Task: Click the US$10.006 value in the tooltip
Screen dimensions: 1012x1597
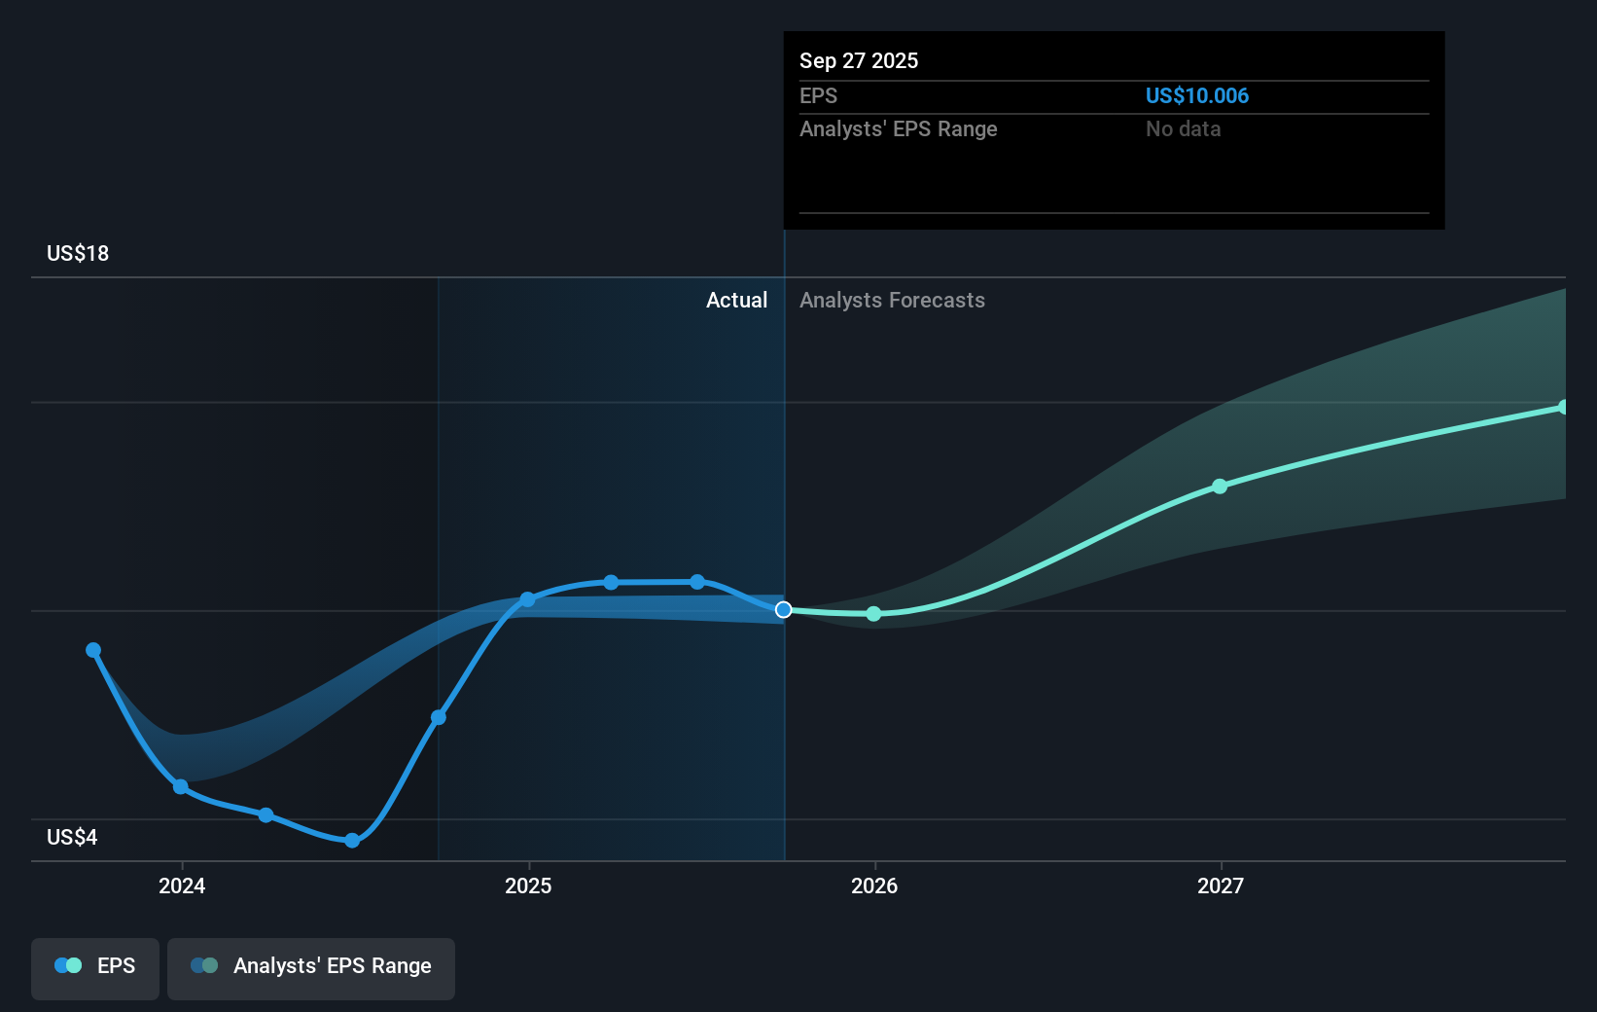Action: tap(1196, 95)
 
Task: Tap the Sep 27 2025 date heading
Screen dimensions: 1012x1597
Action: tap(858, 60)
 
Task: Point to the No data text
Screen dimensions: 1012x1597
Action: tap(1183, 128)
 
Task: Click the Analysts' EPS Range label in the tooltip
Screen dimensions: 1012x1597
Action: tap(898, 128)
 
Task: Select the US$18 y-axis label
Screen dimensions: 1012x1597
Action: tap(78, 253)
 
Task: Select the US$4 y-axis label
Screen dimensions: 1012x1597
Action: tap(72, 837)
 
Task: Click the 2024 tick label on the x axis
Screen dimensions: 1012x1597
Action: tap(182, 885)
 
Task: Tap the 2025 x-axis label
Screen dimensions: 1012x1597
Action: tap(528, 885)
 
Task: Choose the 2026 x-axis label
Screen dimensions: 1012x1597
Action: tap(874, 885)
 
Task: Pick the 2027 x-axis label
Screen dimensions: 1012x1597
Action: tap(1221, 885)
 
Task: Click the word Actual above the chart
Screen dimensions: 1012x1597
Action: tap(736, 300)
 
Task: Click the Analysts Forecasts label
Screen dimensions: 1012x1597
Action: tap(892, 300)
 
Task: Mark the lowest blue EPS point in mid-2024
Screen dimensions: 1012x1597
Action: tap(352, 841)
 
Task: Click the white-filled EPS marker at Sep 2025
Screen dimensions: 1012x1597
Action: tap(783, 610)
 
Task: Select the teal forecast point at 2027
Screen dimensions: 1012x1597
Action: tap(1220, 486)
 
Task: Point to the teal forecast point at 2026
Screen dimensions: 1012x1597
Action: tap(873, 614)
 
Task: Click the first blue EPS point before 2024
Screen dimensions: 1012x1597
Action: tap(93, 650)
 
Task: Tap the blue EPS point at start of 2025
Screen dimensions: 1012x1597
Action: tap(527, 599)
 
